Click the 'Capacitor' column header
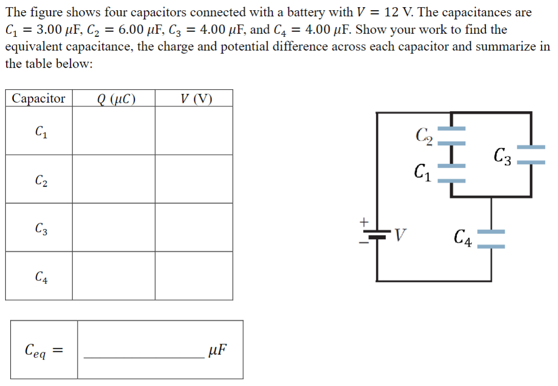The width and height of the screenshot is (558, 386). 39,98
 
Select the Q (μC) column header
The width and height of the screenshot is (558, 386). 113,98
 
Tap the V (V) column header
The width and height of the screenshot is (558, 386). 193,98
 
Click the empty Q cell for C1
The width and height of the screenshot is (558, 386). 113,131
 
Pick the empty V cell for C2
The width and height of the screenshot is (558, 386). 193,179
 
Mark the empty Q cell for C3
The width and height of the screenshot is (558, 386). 113,227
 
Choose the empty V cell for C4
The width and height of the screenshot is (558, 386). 193,276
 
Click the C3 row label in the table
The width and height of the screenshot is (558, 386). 39,228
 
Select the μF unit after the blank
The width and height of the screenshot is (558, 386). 217,350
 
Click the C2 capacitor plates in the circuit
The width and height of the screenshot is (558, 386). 451,135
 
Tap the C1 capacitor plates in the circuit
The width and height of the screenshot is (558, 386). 451,173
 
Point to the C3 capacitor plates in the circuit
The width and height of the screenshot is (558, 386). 531,155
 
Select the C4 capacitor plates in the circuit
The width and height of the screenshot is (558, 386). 491,239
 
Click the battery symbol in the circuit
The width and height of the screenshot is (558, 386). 377,237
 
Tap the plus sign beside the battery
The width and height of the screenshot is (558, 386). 364,223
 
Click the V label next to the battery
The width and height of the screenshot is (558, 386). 403,236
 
